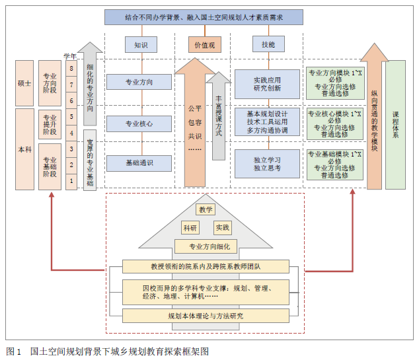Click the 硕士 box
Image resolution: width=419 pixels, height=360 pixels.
click(24, 83)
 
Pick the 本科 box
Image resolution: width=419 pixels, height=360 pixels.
click(24, 149)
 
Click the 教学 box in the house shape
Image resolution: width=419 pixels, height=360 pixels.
click(206, 209)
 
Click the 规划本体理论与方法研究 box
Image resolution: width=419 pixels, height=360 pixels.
click(206, 316)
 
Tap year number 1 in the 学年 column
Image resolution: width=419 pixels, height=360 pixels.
click(71, 180)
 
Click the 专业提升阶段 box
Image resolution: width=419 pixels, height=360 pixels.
click(50, 124)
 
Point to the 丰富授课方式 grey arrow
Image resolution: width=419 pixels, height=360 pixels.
click(219, 118)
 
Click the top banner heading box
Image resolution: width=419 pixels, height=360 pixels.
click(204, 17)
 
